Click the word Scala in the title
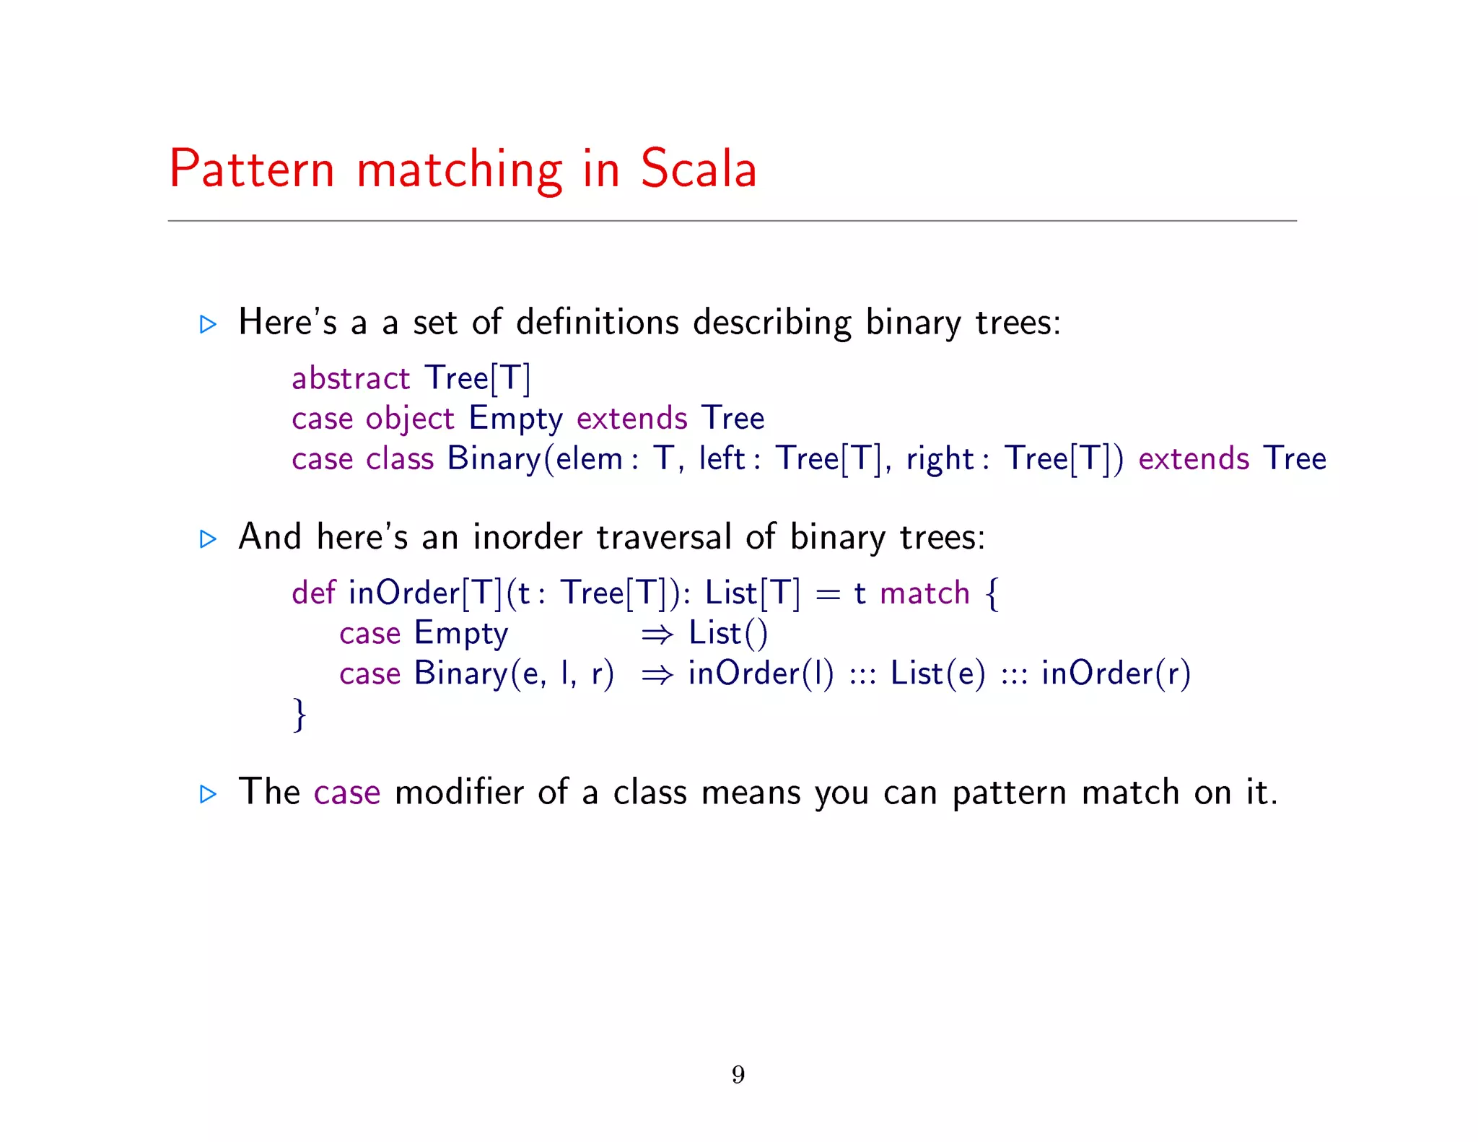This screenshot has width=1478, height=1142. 698,169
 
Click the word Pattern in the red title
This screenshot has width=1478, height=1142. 252,169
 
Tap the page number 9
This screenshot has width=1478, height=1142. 738,1074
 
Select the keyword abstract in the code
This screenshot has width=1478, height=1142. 351,378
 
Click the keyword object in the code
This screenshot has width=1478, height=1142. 410,419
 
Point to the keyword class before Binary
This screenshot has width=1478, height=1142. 400,458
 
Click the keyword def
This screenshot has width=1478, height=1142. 313,593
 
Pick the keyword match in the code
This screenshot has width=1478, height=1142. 924,593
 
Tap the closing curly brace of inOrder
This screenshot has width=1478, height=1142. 299,714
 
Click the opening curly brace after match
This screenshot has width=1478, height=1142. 992,593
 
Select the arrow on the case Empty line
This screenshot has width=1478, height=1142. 657,634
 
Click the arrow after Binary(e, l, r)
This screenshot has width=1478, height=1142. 657,674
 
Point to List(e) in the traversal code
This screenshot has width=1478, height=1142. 937,674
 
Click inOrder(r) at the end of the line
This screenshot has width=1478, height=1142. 1116,674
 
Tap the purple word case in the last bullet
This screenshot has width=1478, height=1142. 346,793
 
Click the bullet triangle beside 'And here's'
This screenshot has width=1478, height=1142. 208,539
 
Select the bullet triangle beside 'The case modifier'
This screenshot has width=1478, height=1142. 208,794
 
